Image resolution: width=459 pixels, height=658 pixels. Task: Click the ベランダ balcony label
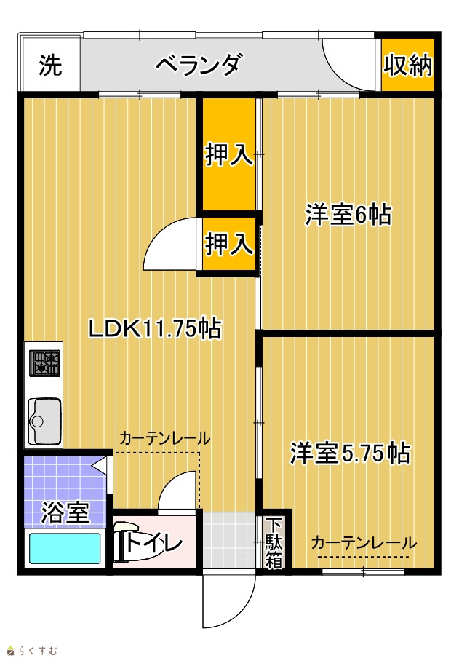[x=199, y=65]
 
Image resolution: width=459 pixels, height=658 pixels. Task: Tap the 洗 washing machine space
[x=50, y=65]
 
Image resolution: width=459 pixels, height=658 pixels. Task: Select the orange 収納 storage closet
[x=407, y=65]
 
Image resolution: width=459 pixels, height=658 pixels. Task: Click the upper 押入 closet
[x=229, y=154]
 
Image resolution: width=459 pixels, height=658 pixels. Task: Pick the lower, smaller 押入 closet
[x=229, y=243]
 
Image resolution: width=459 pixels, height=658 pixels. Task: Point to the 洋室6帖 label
[x=348, y=215]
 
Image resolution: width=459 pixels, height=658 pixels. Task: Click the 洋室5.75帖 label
[x=350, y=453]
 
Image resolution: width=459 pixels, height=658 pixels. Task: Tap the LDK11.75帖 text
[x=154, y=328]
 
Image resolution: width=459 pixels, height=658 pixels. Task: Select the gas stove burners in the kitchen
[x=44, y=363]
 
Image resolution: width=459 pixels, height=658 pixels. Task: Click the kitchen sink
[x=44, y=421]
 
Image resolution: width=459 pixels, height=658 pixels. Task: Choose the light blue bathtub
[x=65, y=548]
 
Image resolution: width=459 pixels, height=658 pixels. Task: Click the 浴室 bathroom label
[x=65, y=512]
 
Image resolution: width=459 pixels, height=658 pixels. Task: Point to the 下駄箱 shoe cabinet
[x=274, y=542]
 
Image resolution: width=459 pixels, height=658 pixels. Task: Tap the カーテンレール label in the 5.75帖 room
[x=364, y=543]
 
